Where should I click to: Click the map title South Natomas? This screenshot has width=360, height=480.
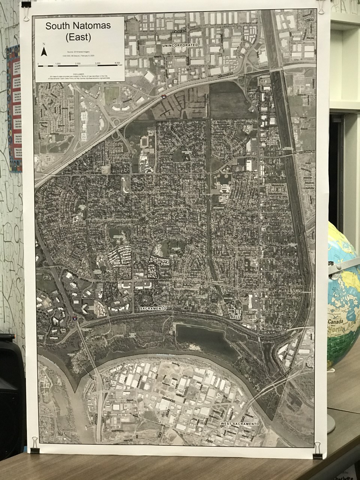point(78,27)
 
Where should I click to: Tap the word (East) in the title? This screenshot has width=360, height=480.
point(78,37)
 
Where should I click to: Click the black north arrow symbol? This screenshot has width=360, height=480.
point(44,52)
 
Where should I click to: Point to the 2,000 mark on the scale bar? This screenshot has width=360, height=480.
point(78,63)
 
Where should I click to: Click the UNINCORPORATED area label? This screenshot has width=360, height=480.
point(180,45)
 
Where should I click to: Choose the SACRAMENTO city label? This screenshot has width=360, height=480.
point(153,308)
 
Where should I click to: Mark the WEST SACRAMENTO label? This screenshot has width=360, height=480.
point(240,423)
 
